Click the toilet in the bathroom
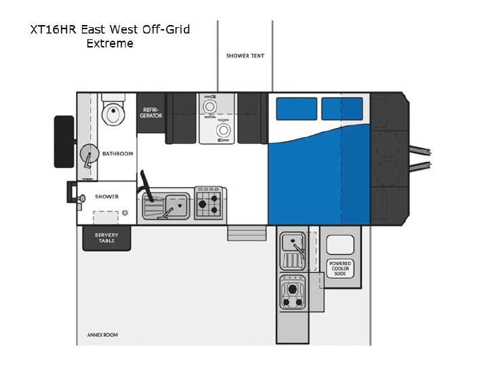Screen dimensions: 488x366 pyautogui.click(x=113, y=110)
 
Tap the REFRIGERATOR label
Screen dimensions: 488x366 pyautogui.click(x=151, y=113)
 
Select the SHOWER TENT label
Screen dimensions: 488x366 pyautogui.click(x=245, y=56)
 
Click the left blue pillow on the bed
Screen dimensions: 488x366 pyautogui.click(x=297, y=108)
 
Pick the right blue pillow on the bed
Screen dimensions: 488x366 pyautogui.click(x=342, y=108)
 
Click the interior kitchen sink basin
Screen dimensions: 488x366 pyautogui.click(x=178, y=205)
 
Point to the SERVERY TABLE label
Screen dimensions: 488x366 pyautogui.click(x=107, y=238)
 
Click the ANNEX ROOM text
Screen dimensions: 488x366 pyautogui.click(x=102, y=335)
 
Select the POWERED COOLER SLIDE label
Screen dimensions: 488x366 pyautogui.click(x=340, y=268)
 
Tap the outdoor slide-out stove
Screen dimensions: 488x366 pyautogui.click(x=292, y=292)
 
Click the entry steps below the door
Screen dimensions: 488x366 pyautogui.click(x=247, y=233)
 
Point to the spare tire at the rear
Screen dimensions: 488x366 pyautogui.click(x=64, y=142)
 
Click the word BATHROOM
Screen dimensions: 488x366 pyautogui.click(x=118, y=153)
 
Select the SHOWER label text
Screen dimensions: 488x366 pyautogui.click(x=107, y=197)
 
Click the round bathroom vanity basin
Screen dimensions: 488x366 pyautogui.click(x=89, y=154)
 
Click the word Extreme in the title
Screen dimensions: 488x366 pyautogui.click(x=110, y=43)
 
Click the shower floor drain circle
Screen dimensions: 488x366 pyautogui.click(x=125, y=213)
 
